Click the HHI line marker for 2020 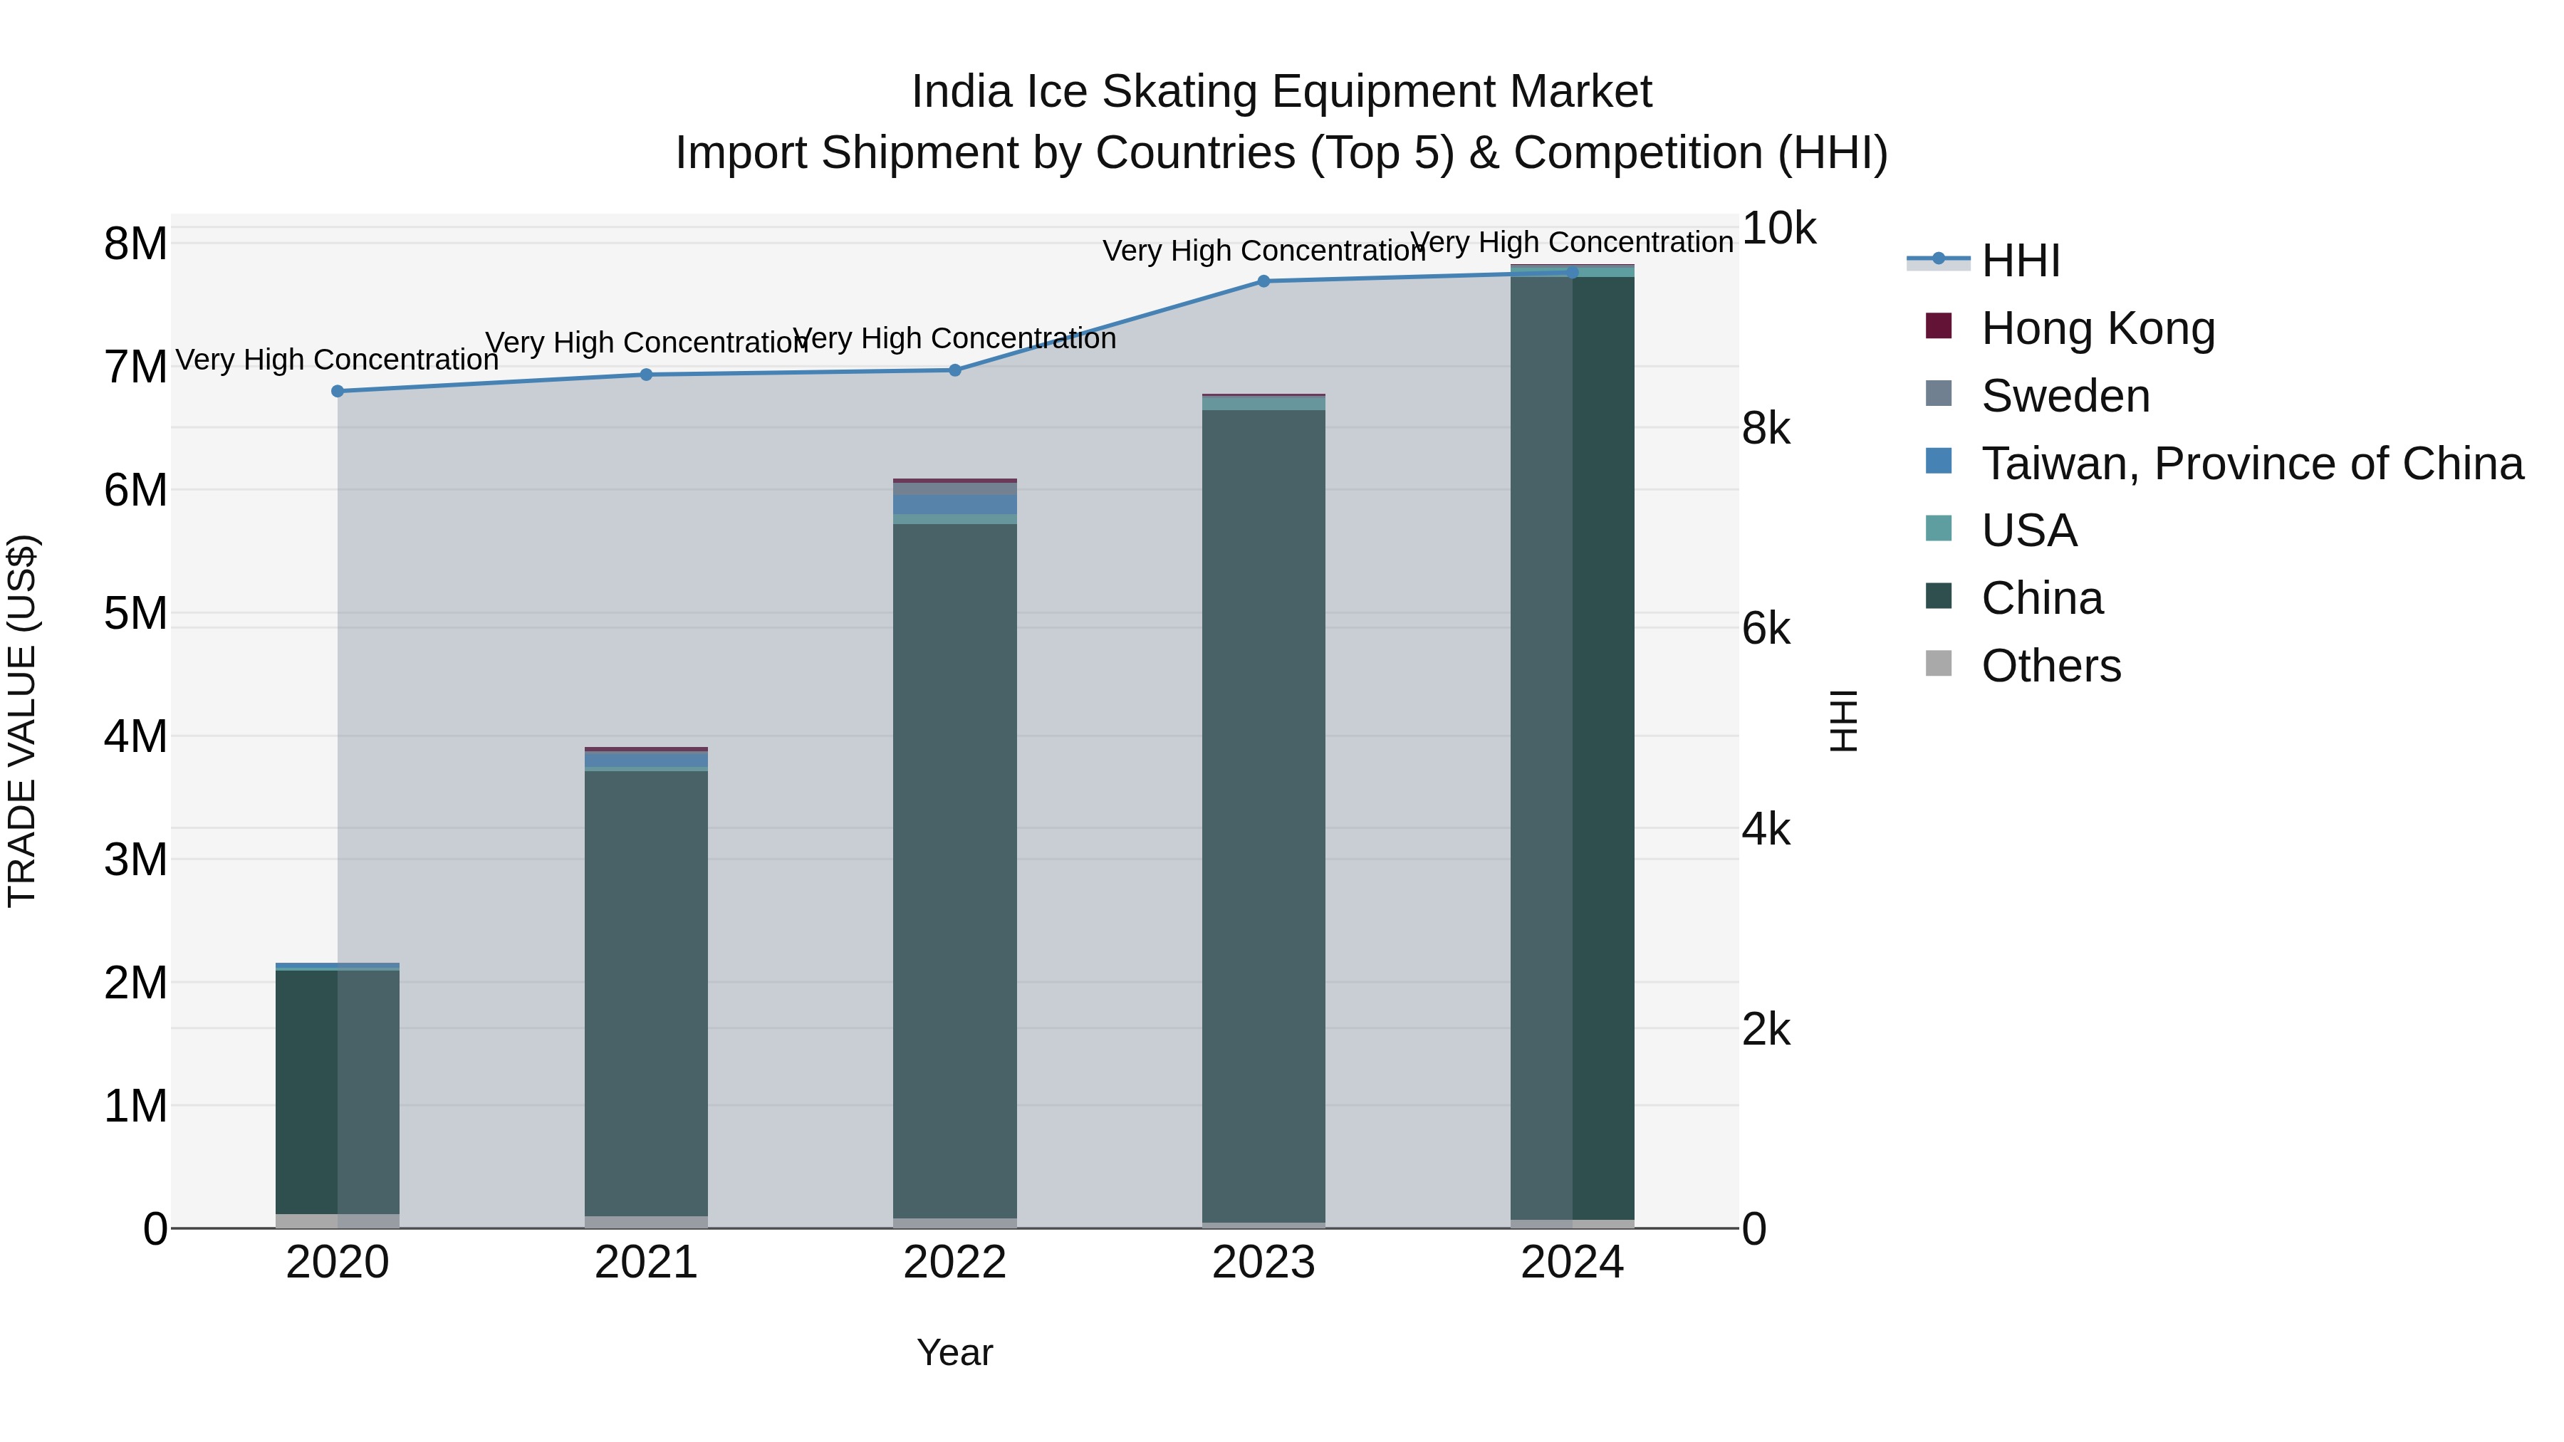(x=338, y=391)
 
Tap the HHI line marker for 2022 (x=954, y=370)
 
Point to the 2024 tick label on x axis (x=1572, y=1263)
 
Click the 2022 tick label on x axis (x=954, y=1263)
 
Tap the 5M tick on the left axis (x=135, y=613)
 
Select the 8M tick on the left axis (x=135, y=244)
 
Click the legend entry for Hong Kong (x=2097, y=328)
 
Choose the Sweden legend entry (x=2065, y=396)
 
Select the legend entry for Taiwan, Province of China (x=2251, y=464)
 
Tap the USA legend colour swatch (x=1938, y=528)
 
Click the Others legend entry (x=2050, y=666)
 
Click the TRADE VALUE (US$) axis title (x=22, y=721)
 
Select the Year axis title (x=954, y=1352)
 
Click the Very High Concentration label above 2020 (x=338, y=360)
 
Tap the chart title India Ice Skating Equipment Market (x=1281, y=92)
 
